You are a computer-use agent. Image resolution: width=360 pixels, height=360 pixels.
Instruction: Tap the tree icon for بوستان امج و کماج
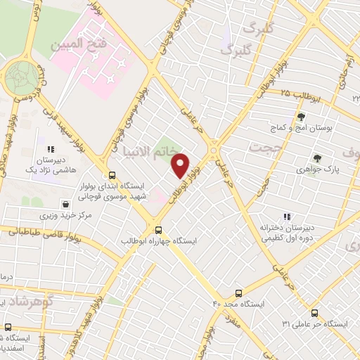coord(301,117)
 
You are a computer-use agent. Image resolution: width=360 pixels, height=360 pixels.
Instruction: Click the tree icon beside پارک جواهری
coord(317,158)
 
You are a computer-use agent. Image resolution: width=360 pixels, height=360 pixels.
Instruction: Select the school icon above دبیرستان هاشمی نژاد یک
coord(51,149)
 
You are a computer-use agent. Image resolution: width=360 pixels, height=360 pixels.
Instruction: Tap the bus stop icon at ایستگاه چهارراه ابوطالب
coord(158,229)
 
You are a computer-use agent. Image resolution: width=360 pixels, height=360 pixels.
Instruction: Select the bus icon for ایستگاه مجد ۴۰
coord(238,293)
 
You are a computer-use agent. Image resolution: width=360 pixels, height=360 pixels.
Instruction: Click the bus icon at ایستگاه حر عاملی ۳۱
coord(314,313)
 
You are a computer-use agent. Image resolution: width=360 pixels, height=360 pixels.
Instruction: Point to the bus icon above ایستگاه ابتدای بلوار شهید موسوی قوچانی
coord(111,175)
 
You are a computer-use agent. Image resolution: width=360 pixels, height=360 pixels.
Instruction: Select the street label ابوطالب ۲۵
coord(301,96)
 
